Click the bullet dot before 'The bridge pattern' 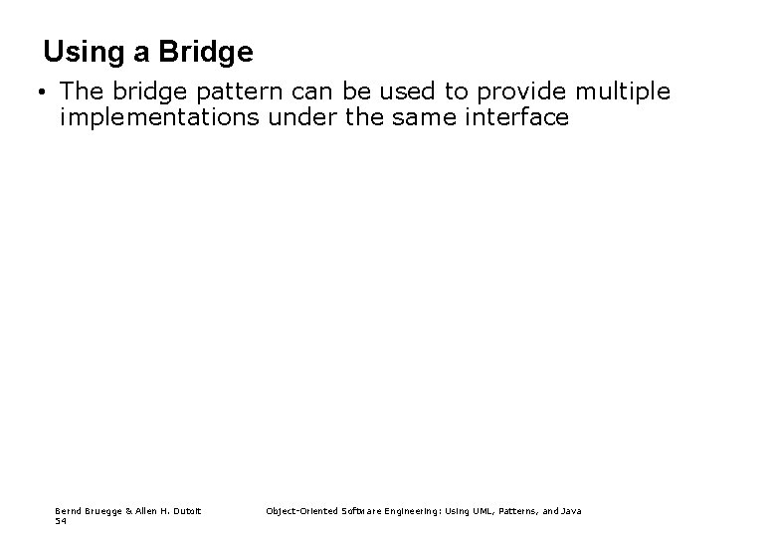35,93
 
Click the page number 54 60,520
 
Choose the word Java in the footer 571,510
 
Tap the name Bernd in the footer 66,510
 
